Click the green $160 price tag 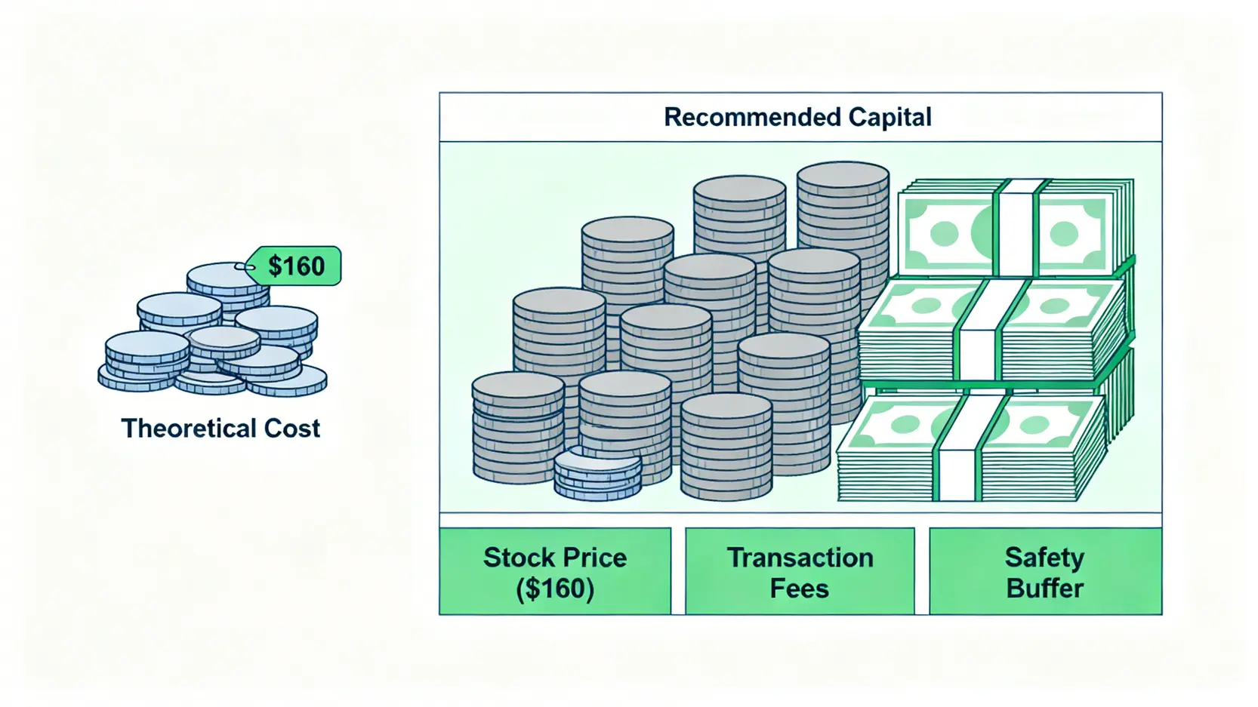(294, 266)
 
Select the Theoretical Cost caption (220, 429)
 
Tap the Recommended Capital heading (797, 117)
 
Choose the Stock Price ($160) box (555, 571)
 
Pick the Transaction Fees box (800, 571)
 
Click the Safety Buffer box (1045, 571)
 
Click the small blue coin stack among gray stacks (597, 474)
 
